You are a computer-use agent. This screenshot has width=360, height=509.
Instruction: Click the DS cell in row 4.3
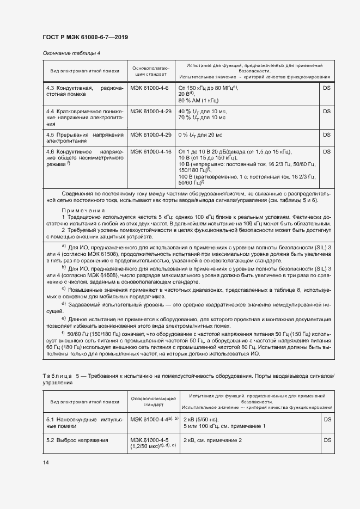(327, 88)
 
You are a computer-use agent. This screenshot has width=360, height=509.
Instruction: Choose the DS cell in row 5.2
(327, 440)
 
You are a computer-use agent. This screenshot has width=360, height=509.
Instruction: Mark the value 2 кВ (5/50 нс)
(201, 419)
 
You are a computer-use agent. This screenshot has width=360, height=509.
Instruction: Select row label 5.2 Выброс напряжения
(77, 440)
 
